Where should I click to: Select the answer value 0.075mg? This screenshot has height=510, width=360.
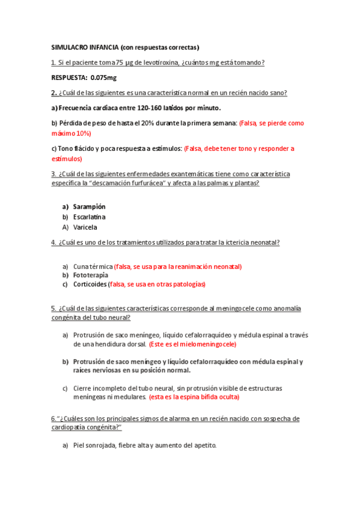pyautogui.click(x=103, y=78)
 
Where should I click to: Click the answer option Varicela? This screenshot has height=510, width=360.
pyautogui.click(x=85, y=227)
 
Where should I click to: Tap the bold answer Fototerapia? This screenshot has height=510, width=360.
pyautogui.click(x=91, y=275)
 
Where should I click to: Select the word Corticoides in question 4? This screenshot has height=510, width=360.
pyautogui.click(x=90, y=284)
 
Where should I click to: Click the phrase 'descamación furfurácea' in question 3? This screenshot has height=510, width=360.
pyautogui.click(x=130, y=183)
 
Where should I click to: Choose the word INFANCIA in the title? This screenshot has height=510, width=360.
pyautogui.click(x=104, y=47)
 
